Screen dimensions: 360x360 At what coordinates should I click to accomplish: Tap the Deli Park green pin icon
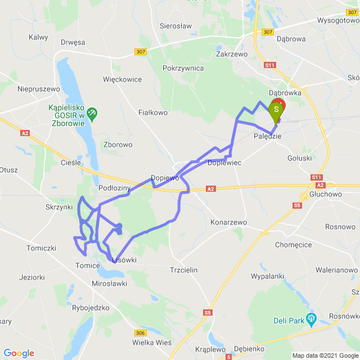[310, 321]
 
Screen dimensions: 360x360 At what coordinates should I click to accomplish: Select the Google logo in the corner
[19, 353]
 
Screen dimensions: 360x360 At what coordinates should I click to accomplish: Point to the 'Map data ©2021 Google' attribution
[325, 355]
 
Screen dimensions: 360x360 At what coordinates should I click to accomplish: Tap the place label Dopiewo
[165, 177]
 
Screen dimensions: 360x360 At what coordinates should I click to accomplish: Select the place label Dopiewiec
[224, 162]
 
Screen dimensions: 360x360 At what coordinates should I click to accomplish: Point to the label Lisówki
[124, 259]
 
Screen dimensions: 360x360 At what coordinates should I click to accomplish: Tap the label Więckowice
[123, 79]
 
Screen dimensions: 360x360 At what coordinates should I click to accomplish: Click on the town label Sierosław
[176, 26]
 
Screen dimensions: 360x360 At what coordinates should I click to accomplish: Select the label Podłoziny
[114, 188]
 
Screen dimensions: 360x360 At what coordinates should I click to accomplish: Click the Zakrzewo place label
[232, 55]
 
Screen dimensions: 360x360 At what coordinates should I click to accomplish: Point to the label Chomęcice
[293, 245]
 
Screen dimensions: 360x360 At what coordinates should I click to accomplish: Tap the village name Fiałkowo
[153, 112]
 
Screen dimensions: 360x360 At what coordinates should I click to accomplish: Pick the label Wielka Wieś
[152, 342]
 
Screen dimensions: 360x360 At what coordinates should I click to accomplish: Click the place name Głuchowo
[326, 194]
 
